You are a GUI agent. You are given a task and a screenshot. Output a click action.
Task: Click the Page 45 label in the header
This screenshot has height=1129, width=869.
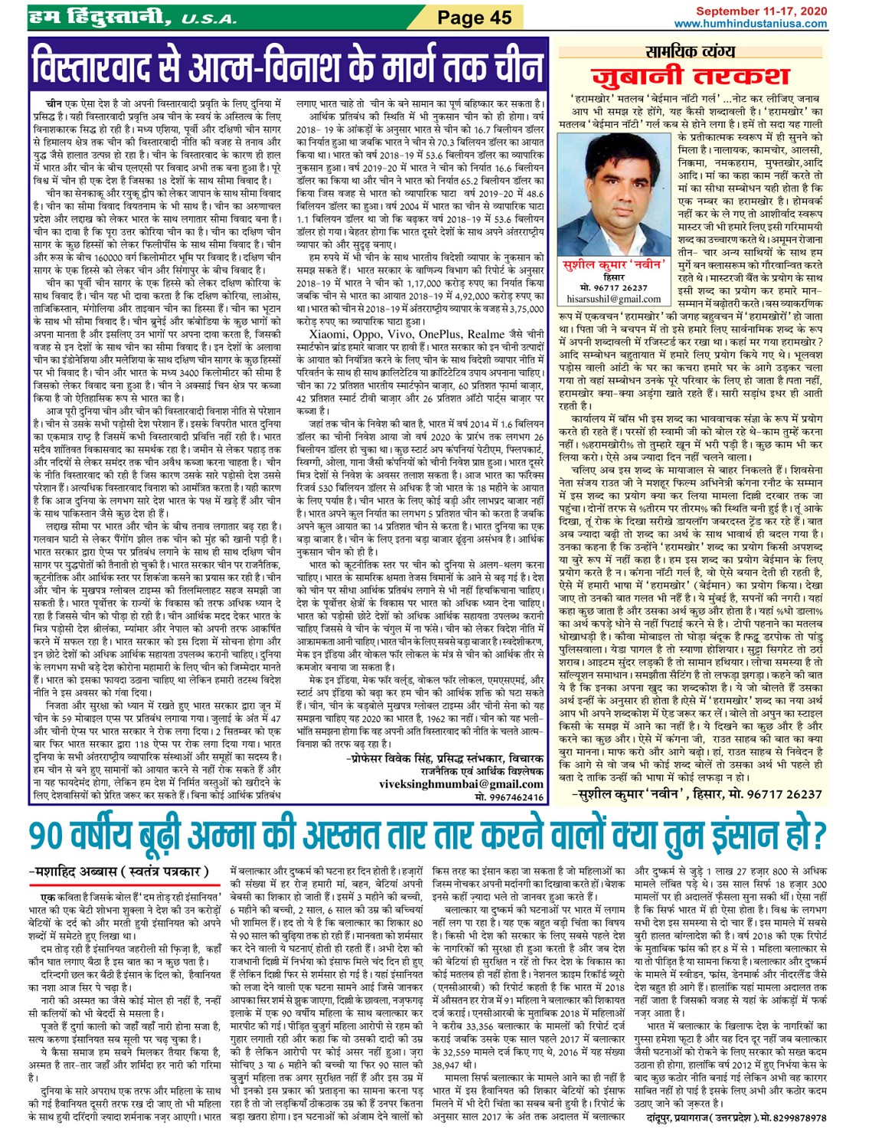[475, 17]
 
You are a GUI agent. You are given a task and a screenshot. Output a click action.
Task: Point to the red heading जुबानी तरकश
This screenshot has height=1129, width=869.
[690, 76]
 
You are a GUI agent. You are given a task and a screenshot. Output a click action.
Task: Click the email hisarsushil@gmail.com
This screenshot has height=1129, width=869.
[609, 299]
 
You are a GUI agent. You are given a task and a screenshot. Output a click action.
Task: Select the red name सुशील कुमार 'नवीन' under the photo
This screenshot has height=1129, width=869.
[609, 265]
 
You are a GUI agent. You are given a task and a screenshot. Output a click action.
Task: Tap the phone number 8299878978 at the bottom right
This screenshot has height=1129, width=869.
[794, 1118]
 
